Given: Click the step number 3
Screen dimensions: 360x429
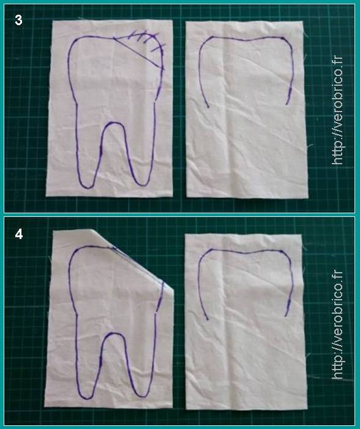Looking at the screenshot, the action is [18, 20].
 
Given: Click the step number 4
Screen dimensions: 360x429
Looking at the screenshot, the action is [18, 234].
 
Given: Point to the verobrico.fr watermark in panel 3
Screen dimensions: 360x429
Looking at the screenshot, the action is [337, 110].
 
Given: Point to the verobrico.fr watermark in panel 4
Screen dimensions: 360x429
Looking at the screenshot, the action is [337, 325].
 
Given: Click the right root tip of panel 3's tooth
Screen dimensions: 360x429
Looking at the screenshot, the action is [143, 185].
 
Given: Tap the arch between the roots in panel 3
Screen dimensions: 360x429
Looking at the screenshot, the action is [113, 123].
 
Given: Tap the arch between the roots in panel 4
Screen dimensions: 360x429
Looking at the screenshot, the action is [113, 333].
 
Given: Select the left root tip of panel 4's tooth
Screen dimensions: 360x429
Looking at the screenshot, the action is [86, 398].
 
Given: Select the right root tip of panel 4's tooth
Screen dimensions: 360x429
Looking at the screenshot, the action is [143, 396].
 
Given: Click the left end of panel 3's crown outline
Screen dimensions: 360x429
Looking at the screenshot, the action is [208, 107].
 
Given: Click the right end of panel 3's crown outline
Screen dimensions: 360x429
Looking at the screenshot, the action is [287, 104].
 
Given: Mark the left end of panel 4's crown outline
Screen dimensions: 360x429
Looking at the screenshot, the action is [208, 319].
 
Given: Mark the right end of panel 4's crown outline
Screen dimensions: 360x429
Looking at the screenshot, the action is [285, 316].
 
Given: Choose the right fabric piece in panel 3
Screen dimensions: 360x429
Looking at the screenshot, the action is [246, 109].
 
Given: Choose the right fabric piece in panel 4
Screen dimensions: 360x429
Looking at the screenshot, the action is [246, 322].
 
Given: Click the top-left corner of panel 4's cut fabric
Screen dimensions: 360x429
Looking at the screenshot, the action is [53, 231].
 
